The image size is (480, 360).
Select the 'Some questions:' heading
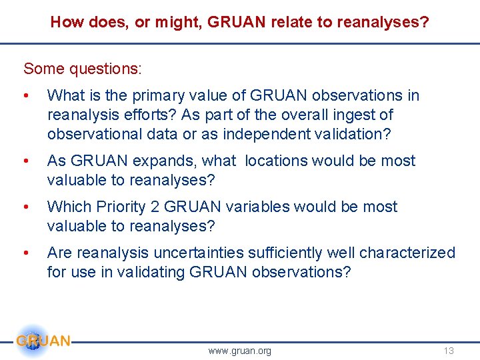tap(83, 69)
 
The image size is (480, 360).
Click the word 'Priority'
tap(123, 207)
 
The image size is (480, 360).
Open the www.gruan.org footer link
tap(239, 351)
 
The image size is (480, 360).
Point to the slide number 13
tap(448, 351)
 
